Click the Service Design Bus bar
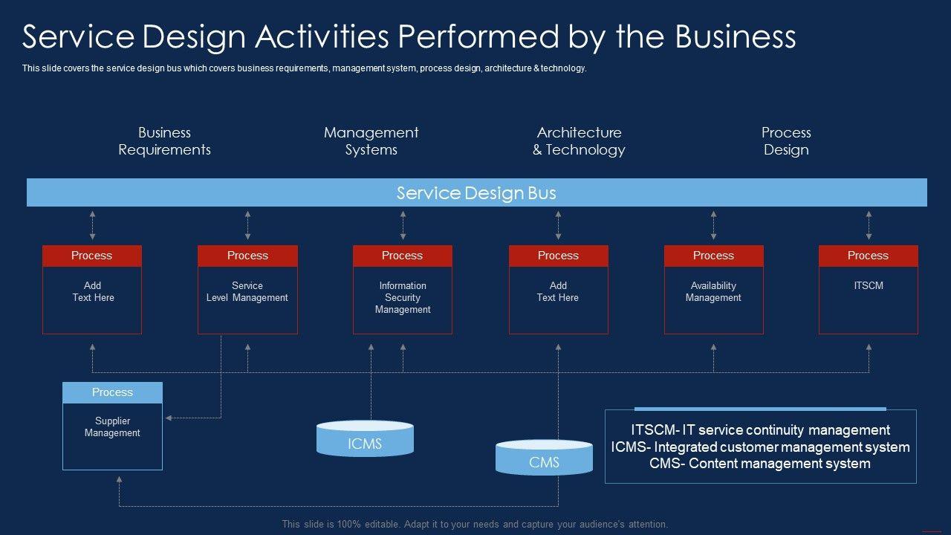pos(476,193)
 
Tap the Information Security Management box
pos(402,297)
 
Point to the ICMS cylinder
pos(365,440)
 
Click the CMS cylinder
pos(544,459)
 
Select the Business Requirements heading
pos(164,141)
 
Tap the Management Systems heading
pos(371,141)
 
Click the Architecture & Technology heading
pos(579,141)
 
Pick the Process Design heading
pos(786,141)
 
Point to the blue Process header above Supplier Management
pos(112,392)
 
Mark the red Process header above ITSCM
pos(868,256)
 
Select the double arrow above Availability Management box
pos(713,225)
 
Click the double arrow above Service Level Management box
pos(247,225)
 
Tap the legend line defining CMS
pos(759,464)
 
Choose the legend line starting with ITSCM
pos(760,430)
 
